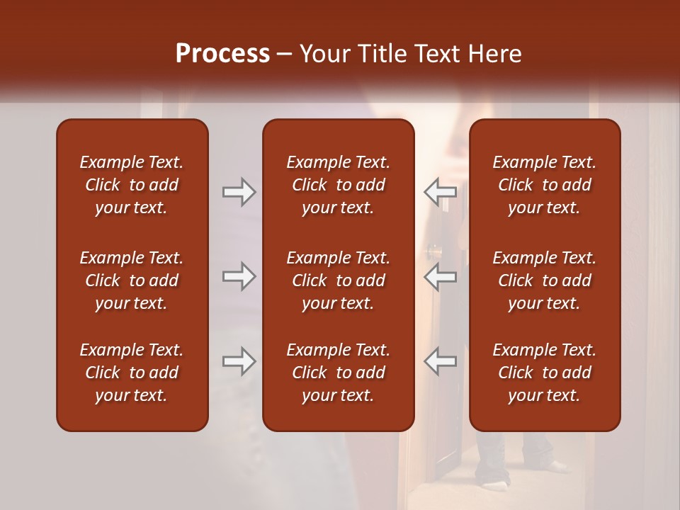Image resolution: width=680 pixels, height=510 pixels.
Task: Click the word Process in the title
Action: point(222,54)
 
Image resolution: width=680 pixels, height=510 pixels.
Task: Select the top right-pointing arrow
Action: point(239,191)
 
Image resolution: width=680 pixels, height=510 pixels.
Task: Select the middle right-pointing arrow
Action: point(239,276)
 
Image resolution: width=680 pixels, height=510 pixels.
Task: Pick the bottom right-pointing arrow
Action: point(239,361)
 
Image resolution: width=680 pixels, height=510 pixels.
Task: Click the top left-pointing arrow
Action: point(441,191)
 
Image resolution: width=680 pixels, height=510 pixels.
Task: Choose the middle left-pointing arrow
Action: point(441,276)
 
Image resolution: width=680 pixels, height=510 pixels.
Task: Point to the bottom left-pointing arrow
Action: point(441,361)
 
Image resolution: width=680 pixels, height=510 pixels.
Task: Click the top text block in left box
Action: point(132,185)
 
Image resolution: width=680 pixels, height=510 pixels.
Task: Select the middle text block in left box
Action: point(132,280)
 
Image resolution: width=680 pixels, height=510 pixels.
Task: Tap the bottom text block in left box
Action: point(132,373)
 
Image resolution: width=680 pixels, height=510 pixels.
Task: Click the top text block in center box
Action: point(338,185)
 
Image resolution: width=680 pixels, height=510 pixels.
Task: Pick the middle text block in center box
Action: point(338,280)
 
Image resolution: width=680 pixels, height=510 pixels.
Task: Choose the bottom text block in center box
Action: point(338,373)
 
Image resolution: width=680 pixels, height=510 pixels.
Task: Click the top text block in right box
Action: point(544,185)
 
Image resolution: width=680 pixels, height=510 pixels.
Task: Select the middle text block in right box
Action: point(544,280)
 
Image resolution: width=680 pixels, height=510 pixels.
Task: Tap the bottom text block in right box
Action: point(544,373)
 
